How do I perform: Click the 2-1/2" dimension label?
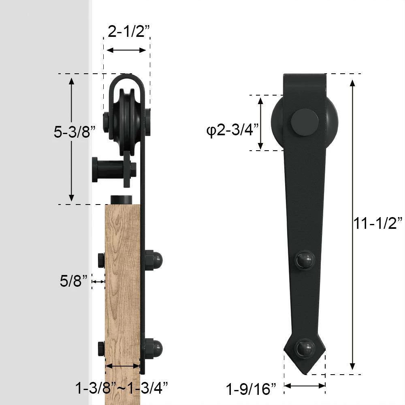tap(127, 31)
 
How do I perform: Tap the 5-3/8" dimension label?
tap(75, 132)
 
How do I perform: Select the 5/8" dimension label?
tap(73, 281)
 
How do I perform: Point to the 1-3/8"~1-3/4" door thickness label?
tap(122, 388)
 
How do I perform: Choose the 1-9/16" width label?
tap(251, 390)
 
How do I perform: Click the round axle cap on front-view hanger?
tap(305, 122)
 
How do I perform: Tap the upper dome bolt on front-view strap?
tap(305, 260)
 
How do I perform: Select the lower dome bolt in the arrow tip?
tap(305, 348)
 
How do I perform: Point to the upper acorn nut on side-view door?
tap(154, 260)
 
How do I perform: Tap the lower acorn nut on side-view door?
tap(154, 348)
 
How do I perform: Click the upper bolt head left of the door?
tap(101, 260)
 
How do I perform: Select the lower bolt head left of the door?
tap(101, 349)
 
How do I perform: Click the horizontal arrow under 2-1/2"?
tap(126, 50)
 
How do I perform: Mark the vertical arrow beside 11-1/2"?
tap(353, 225)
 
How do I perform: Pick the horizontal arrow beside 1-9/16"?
tap(305, 386)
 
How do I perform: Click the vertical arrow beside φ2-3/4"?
tap(261, 123)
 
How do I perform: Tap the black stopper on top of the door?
tap(122, 200)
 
